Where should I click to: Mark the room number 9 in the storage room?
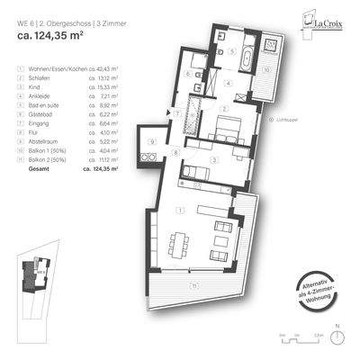coord(151,142)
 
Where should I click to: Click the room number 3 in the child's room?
coord(213,160)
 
